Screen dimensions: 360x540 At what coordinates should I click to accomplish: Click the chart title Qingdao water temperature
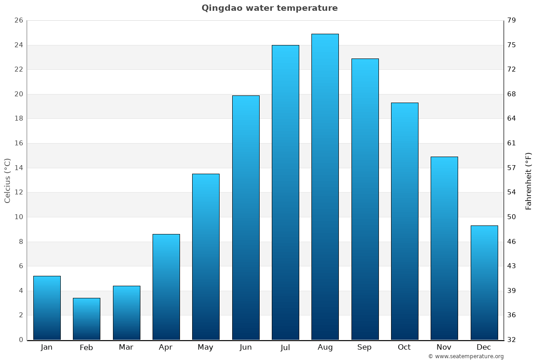tap(270, 8)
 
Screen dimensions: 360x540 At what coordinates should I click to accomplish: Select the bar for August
tap(325, 187)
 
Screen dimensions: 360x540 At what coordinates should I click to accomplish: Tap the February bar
tap(86, 319)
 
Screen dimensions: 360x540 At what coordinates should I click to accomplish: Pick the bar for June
tap(246, 217)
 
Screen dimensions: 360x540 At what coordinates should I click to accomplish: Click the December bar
tap(484, 283)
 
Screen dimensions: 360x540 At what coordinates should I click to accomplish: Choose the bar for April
tap(166, 287)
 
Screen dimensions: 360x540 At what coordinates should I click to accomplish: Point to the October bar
tap(405, 221)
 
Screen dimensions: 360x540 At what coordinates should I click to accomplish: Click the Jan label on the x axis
tap(47, 347)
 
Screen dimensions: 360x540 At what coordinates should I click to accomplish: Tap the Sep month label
tap(364, 347)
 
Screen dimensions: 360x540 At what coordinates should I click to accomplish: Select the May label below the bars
tap(206, 347)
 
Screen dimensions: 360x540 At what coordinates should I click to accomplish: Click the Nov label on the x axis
tap(444, 347)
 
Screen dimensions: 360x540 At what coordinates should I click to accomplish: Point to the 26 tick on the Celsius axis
tap(18, 20)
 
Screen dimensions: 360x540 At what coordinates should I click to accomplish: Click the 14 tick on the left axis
tap(18, 168)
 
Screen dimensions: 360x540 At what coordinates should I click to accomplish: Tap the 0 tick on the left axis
tap(21, 340)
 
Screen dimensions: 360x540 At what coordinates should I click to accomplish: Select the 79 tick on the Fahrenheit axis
tap(512, 20)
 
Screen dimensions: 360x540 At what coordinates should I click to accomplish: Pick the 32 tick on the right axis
tap(512, 340)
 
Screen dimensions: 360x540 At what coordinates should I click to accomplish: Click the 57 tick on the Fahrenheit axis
tap(512, 168)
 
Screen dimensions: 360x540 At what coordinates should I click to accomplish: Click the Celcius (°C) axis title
tap(8, 180)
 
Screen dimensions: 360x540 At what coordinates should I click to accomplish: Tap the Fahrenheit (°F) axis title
tap(529, 180)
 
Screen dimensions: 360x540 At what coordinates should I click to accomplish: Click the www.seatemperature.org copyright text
tap(466, 356)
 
